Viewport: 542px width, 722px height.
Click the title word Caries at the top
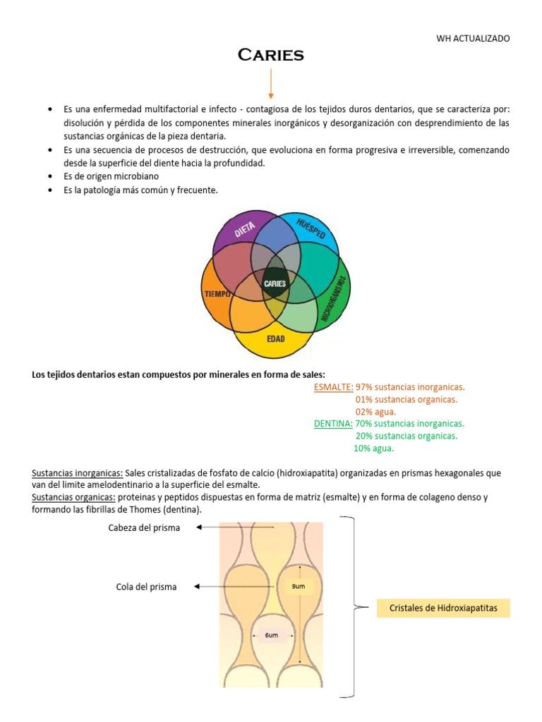pos(270,55)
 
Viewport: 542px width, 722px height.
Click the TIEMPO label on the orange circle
pos(217,293)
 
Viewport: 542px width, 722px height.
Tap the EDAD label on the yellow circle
pos(275,339)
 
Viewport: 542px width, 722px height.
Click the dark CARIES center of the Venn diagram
pos(275,283)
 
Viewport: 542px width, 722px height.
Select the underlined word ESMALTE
pos(333,387)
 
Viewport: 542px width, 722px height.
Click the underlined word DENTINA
pos(333,424)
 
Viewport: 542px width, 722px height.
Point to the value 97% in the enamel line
pos(364,387)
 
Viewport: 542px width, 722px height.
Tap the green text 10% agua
pos(373,448)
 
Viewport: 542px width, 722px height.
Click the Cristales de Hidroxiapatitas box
pos(442,608)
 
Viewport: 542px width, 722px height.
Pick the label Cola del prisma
pos(146,587)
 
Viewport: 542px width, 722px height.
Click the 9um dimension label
pos(298,586)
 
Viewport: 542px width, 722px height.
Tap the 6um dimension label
pos(272,635)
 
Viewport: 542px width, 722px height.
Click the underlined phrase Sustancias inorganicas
pos(78,473)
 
